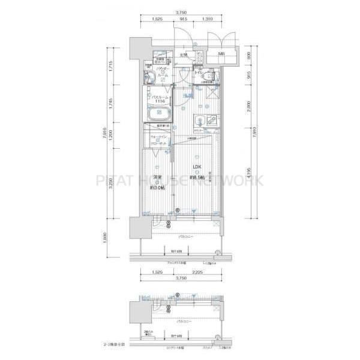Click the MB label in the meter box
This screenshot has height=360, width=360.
pos(221,55)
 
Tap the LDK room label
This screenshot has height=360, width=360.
pos(196,167)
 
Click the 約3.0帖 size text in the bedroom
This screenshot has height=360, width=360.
pos(157,187)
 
